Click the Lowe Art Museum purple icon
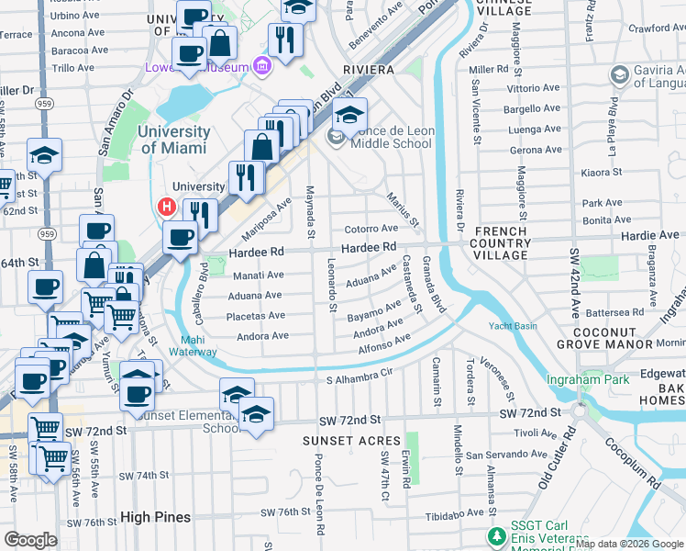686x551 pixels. pos(262,66)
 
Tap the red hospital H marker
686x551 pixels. pos(167,208)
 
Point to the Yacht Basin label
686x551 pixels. pos(513,324)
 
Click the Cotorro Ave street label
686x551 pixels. pos(371,229)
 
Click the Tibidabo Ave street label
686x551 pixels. pos(448,512)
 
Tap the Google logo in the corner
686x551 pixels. pos(30,540)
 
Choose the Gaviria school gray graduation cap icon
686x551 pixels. pos(620,74)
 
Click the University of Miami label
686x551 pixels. pos(174,139)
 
